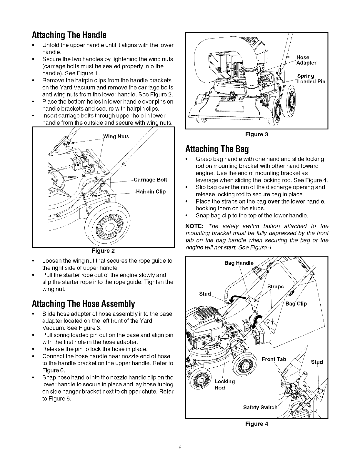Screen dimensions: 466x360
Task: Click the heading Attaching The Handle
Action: [69, 36]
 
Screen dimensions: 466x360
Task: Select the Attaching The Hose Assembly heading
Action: [83, 303]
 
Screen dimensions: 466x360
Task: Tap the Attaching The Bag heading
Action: [217, 149]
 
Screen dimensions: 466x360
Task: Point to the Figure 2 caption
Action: [103, 251]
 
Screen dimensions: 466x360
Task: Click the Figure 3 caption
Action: [257, 134]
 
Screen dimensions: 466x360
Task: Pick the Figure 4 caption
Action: [257, 424]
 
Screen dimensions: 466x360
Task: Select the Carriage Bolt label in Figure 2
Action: [150, 180]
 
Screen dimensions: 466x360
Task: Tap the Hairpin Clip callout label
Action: [151, 192]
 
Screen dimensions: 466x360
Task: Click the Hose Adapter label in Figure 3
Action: [306, 60]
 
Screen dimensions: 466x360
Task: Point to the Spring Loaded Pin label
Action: [311, 79]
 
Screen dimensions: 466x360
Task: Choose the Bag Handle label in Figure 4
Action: [239, 263]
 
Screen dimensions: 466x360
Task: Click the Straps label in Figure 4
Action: [275, 287]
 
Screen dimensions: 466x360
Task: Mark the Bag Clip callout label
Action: [296, 304]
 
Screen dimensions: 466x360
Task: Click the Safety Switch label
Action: [260, 407]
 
